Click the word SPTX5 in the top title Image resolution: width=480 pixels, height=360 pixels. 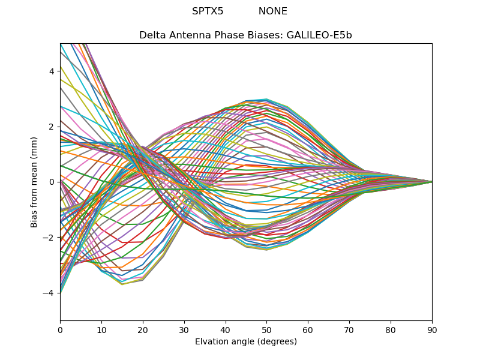tap(208, 11)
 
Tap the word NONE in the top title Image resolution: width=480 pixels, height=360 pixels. tap(273, 11)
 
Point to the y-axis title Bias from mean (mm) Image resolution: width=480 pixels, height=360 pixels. tap(34, 182)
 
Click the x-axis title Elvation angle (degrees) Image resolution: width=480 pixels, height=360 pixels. tap(246, 342)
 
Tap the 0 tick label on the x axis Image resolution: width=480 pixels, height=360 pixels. tap(60, 329)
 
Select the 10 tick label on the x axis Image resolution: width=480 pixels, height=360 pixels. tap(101, 329)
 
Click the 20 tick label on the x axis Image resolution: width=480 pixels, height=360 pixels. tap(143, 329)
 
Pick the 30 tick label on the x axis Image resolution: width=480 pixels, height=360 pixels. tap(184, 329)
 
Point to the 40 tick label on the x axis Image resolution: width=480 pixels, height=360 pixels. tap(226, 329)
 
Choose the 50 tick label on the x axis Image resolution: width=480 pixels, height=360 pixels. tap(266, 329)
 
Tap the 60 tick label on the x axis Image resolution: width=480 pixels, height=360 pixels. tap(308, 329)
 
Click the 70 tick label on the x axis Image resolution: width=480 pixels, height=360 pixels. tap(349, 329)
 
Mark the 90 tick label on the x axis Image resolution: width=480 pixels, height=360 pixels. tap(432, 329)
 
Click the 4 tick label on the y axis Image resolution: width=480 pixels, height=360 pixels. tap(52, 71)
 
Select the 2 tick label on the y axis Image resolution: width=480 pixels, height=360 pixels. tap(52, 127)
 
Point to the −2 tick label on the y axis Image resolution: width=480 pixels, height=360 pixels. tap(49, 237)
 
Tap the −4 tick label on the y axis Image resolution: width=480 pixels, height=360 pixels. tap(49, 293)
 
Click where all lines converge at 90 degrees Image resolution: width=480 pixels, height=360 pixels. tap(431, 182)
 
